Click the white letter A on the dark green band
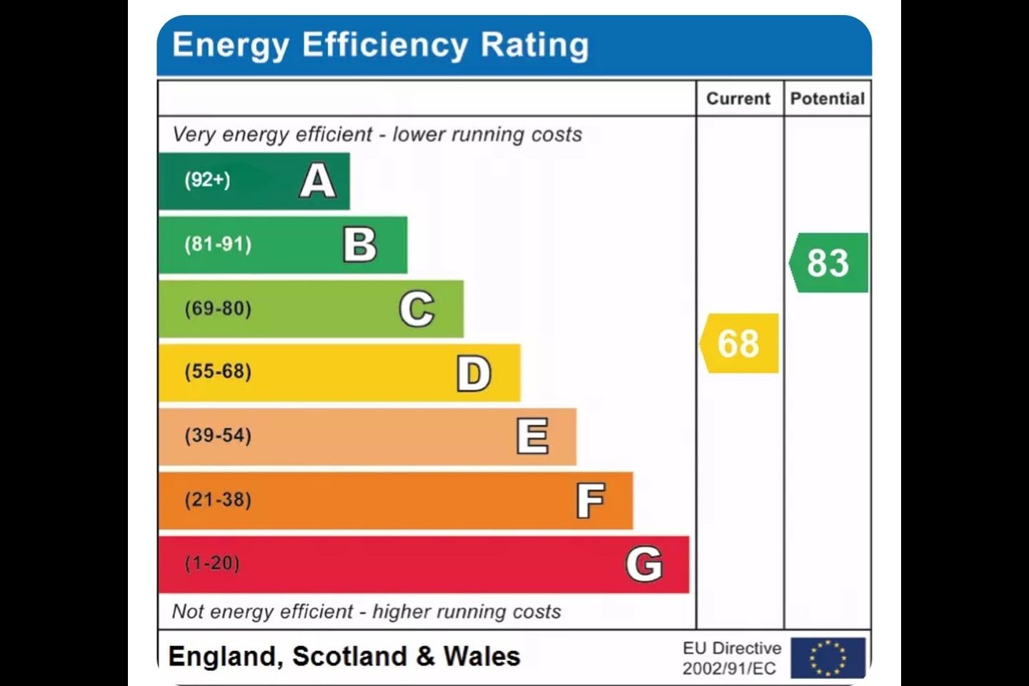tap(317, 181)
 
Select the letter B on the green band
tap(360, 245)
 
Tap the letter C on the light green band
tap(417, 309)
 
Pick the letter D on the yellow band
tap(474, 373)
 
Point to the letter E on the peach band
tap(532, 436)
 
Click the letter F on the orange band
tap(590, 500)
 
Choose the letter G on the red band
tap(644, 564)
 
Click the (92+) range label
tap(207, 179)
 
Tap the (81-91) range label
tap(218, 244)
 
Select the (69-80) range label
tap(218, 309)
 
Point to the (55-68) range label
tap(218, 372)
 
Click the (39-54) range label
tap(218, 435)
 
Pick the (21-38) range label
tap(218, 499)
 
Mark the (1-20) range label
tap(212, 563)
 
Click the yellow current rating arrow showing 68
tap(739, 343)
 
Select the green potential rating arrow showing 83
tap(828, 262)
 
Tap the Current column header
tap(738, 99)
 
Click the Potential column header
tap(827, 99)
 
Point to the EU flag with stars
tap(828, 657)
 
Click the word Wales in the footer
tap(482, 656)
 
